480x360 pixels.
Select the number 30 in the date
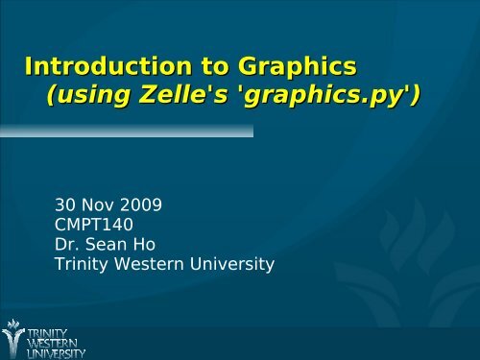pos(65,204)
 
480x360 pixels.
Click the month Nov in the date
pos(96,204)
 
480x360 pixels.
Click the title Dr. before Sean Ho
pos(67,244)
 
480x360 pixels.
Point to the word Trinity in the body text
pos(82,264)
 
